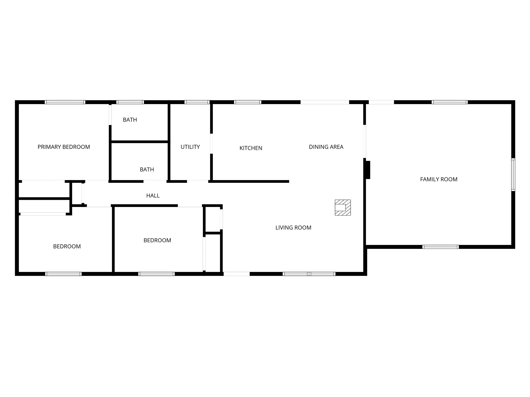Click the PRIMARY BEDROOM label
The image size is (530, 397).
tap(64, 147)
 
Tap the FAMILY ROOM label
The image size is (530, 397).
tap(439, 179)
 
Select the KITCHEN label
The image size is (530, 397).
tap(251, 148)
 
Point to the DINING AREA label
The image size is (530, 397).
tap(326, 147)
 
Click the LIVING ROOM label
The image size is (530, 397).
tap(293, 227)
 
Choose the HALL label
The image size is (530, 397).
tap(153, 196)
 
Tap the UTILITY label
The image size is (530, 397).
tap(190, 147)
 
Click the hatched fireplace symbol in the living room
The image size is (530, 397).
tap(343, 207)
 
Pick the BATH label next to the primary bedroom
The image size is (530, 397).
tap(130, 120)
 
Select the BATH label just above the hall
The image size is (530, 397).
tap(147, 170)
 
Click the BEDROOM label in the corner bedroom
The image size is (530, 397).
tap(67, 246)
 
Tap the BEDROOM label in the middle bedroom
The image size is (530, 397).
tap(157, 240)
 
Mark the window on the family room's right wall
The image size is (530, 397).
tap(513, 174)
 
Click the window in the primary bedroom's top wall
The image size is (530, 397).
tap(65, 102)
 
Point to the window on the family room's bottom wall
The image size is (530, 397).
tap(440, 247)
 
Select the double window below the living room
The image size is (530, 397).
tap(309, 274)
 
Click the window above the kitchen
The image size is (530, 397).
tap(248, 102)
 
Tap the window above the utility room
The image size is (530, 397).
tap(197, 102)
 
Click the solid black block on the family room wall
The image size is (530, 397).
tap(367, 170)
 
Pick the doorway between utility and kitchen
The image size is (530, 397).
tap(211, 144)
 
